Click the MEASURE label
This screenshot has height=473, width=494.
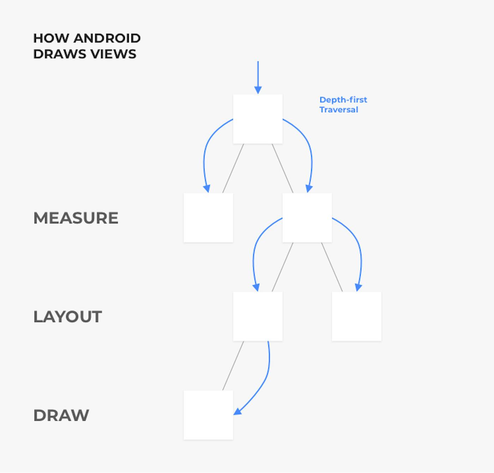click(76, 218)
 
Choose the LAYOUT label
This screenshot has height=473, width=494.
click(68, 317)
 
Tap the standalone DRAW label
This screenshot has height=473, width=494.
click(61, 415)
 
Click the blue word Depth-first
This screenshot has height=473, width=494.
click(343, 100)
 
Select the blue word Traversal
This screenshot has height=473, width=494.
click(339, 110)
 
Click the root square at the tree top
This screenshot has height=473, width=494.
click(258, 119)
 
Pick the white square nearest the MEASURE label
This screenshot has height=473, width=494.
click(208, 218)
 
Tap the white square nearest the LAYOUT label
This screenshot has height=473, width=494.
click(258, 317)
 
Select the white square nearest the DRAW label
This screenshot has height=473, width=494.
click(208, 415)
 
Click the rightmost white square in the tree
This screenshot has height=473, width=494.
click(356, 317)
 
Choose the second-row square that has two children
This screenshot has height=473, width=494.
click(307, 218)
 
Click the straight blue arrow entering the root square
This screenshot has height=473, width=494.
click(258, 76)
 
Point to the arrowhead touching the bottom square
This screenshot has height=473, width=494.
click(237, 412)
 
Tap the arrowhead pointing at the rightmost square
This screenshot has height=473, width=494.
click(359, 287)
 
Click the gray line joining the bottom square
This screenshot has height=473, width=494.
click(233, 366)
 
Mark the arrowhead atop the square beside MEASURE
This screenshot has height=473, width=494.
click(207, 188)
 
